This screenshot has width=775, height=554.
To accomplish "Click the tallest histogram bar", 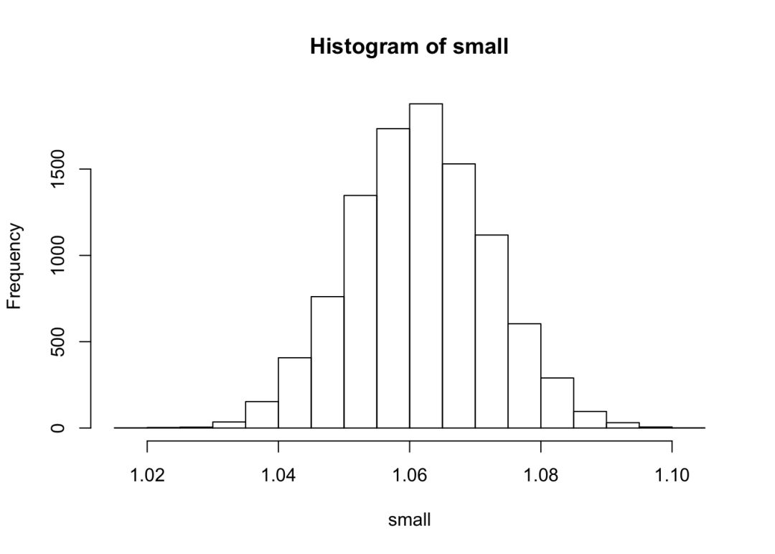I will (426, 266).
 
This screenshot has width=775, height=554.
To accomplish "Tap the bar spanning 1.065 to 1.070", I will (459, 295).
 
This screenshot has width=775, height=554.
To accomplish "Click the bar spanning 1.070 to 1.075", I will (492, 331).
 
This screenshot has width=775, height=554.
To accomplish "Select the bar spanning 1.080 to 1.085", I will (557, 402).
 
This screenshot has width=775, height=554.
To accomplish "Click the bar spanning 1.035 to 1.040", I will (262, 415).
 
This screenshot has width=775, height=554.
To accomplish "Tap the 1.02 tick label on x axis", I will (147, 474).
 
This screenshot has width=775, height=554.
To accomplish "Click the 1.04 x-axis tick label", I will (278, 474).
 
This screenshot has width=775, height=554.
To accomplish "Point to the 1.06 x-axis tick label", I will (409, 474).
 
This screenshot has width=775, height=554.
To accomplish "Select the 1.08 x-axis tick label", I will (540, 474).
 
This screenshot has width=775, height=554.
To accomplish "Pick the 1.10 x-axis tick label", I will (672, 474).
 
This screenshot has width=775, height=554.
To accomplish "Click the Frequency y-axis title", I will (15, 266).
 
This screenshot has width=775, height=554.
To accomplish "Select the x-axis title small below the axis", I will (409, 520).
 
